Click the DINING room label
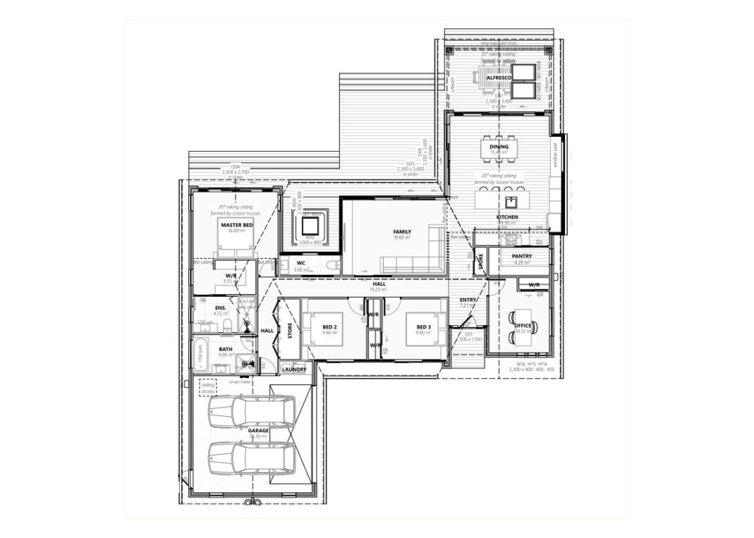[x=509, y=147]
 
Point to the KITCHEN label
[x=507, y=217]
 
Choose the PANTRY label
[x=522, y=257]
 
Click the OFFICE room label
[x=523, y=326]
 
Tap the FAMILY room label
[x=402, y=232]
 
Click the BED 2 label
[x=329, y=327]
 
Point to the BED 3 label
[x=423, y=327]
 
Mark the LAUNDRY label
[x=294, y=369]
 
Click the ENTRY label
[x=468, y=300]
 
